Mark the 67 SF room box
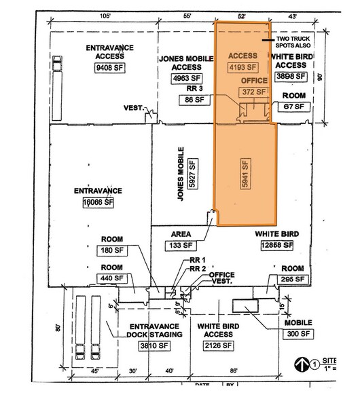coord(293,107)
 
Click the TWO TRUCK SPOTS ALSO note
coord(312,43)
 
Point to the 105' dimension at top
coord(104,15)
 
